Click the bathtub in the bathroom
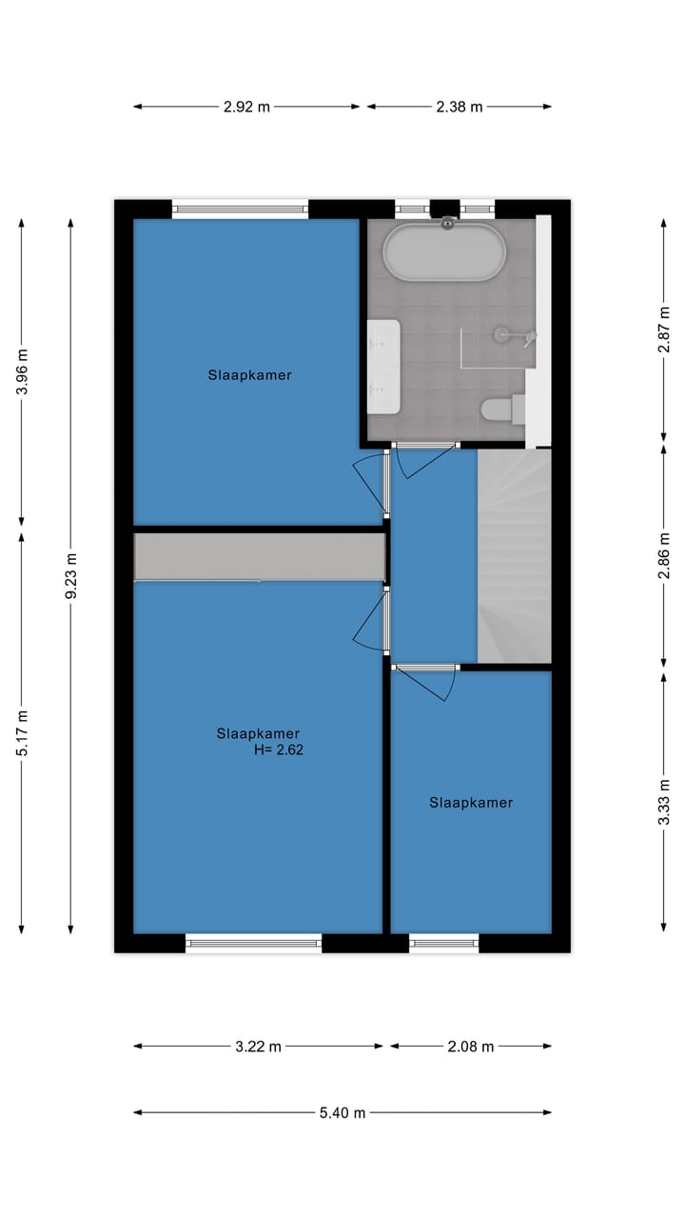click(442, 251)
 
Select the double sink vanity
click(383, 367)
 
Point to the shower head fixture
click(503, 333)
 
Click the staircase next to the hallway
click(514, 555)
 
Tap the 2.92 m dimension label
click(246, 107)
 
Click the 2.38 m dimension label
click(460, 107)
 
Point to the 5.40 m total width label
click(342, 1112)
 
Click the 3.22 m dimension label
click(258, 1047)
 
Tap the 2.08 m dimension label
click(471, 1047)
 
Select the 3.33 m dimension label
click(664, 801)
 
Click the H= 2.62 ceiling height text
click(278, 749)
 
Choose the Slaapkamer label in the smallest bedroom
click(471, 803)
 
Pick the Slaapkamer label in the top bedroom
click(249, 375)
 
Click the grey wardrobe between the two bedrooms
click(259, 556)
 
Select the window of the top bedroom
click(240, 208)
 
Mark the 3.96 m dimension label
click(22, 371)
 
